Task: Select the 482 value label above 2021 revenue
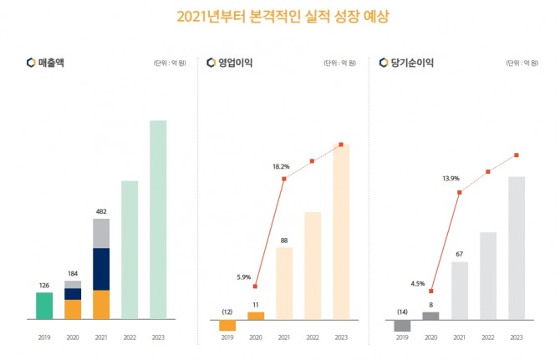coord(101,211)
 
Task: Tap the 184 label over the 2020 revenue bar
coord(73,273)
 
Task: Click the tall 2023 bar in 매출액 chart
coord(158,219)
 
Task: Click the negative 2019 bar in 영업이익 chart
coord(227,325)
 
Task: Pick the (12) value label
coord(227,312)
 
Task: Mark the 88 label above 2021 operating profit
coord(284,241)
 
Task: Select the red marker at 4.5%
coord(431,291)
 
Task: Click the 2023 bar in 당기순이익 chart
coord(517,247)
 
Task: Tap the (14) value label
coord(402,312)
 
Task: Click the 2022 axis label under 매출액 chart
coord(130,337)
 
